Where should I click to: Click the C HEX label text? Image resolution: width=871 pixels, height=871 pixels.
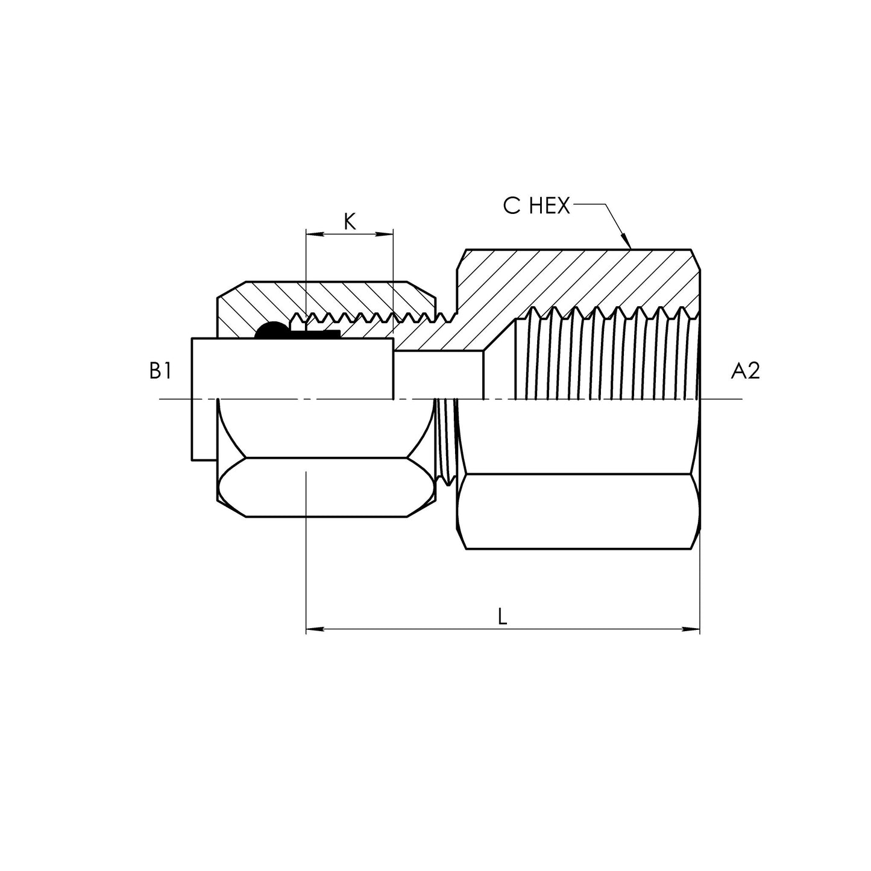[536, 206]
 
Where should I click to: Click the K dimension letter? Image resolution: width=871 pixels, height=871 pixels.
[350, 222]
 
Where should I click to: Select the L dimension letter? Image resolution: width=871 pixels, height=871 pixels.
[502, 615]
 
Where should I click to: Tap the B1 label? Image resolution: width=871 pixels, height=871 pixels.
[160, 372]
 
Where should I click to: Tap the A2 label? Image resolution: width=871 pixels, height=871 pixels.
[745, 372]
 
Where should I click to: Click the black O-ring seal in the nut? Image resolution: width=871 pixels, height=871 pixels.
[271, 330]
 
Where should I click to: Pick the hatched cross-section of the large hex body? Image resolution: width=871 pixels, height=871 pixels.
[573, 277]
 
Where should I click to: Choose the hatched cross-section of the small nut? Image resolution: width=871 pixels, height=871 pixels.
[338, 298]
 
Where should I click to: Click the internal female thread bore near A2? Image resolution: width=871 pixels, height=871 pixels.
[603, 362]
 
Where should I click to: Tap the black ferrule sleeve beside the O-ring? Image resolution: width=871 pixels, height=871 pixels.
[322, 333]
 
